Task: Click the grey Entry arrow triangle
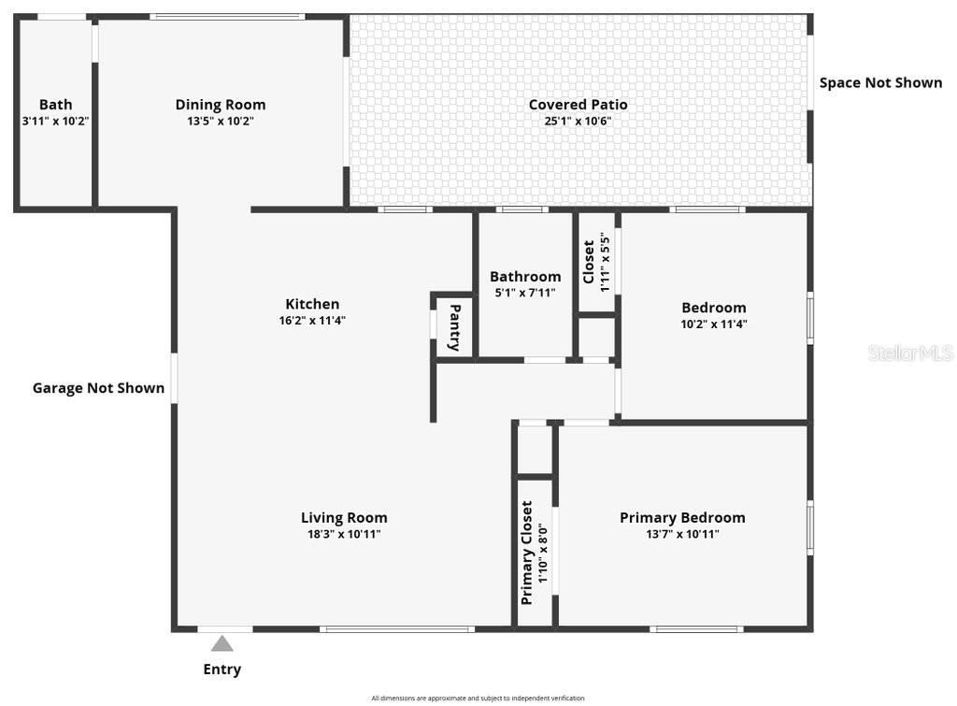pyautogui.click(x=221, y=643)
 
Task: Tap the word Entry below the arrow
pyautogui.click(x=222, y=670)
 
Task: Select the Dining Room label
pyautogui.click(x=221, y=105)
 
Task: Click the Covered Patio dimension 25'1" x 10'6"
pyautogui.click(x=578, y=121)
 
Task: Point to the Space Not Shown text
pyautogui.click(x=880, y=82)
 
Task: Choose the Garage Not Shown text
pyautogui.click(x=98, y=388)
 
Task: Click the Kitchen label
pyautogui.click(x=312, y=304)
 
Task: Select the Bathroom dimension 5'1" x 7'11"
pyautogui.click(x=525, y=293)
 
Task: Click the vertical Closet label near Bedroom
pyautogui.click(x=589, y=262)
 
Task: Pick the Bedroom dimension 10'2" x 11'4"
pyautogui.click(x=714, y=324)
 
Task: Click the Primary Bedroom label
pyautogui.click(x=682, y=518)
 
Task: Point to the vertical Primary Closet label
pyautogui.click(x=526, y=553)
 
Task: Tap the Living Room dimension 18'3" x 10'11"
pyautogui.click(x=344, y=534)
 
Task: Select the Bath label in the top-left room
pyautogui.click(x=55, y=105)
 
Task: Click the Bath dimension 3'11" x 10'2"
pyautogui.click(x=55, y=121)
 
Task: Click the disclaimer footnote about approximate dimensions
pyautogui.click(x=478, y=698)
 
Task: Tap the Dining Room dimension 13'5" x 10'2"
pyautogui.click(x=221, y=121)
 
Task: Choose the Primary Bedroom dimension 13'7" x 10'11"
pyautogui.click(x=682, y=534)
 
